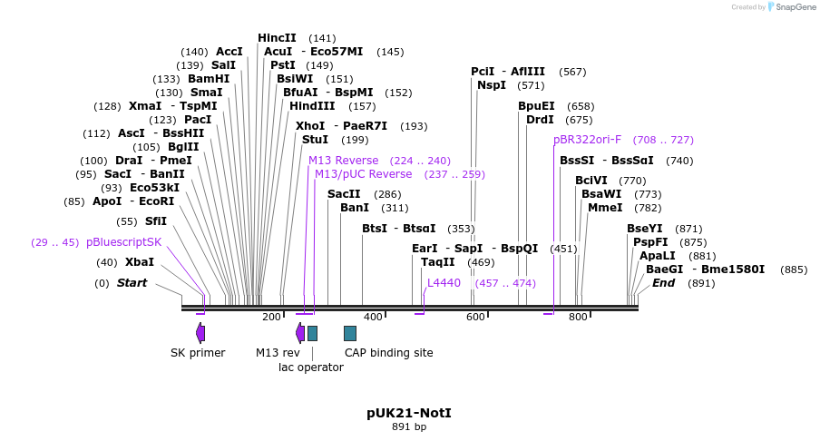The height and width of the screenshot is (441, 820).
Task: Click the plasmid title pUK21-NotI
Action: (408, 413)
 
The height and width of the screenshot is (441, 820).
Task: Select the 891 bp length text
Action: (408, 426)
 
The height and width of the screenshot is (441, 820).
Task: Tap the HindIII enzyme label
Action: (312, 106)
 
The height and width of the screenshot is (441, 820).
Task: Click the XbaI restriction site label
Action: (140, 262)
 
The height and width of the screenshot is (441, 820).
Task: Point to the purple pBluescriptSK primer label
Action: (123, 242)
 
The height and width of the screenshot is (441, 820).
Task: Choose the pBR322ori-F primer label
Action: (587, 140)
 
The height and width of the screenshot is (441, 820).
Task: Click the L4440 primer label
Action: (444, 283)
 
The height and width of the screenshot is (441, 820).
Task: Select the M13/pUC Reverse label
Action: (363, 174)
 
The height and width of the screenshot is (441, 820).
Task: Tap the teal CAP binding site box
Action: (350, 333)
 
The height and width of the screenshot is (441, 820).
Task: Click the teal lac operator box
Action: (312, 333)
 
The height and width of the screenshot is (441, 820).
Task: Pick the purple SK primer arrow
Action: (200, 333)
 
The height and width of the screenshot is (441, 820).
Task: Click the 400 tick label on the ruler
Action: (374, 317)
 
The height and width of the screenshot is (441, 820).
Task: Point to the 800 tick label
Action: (578, 317)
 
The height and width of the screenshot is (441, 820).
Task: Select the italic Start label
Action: (132, 283)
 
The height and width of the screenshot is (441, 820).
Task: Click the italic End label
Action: (663, 283)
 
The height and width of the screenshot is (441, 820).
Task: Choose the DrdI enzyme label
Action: (540, 120)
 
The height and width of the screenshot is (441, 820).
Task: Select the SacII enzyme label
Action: (344, 194)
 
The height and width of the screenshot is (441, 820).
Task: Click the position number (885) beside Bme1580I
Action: (793, 269)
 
